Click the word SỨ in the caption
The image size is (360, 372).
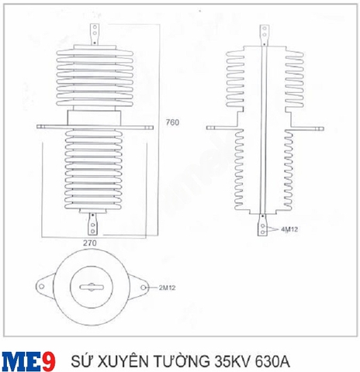[x=80, y=360]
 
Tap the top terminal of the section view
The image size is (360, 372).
[x=264, y=32]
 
